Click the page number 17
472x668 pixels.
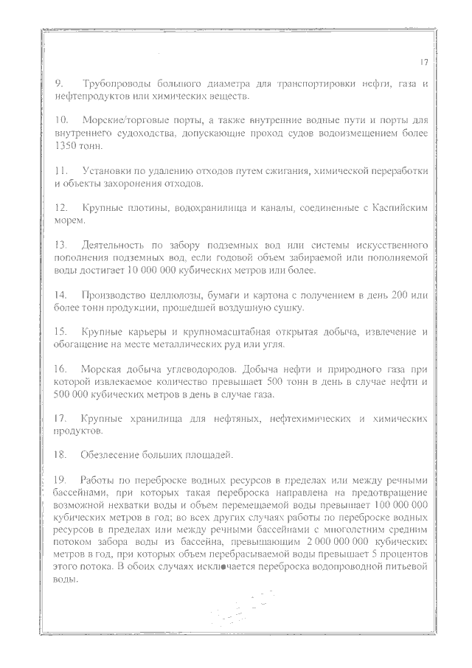tap(424, 63)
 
